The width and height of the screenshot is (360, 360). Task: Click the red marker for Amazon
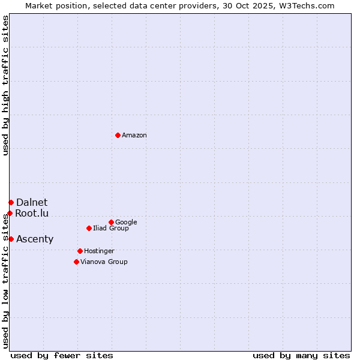tap(118, 135)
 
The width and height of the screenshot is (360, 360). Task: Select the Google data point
tap(111, 222)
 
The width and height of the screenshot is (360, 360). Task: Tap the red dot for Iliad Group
tap(89, 228)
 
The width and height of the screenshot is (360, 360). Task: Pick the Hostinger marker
tap(80, 251)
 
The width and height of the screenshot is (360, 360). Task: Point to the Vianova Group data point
tap(76, 262)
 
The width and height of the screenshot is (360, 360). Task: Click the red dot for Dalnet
tap(11, 202)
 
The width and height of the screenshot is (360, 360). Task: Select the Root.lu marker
tap(10, 213)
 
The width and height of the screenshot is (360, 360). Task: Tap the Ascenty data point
tap(11, 239)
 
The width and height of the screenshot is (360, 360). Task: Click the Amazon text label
tap(134, 136)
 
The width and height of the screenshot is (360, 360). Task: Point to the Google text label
tap(126, 223)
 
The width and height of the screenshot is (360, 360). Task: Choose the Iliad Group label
tap(111, 229)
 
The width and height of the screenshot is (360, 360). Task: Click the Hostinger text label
tap(99, 251)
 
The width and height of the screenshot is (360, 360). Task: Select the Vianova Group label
tap(104, 262)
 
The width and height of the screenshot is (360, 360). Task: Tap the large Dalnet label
tap(32, 203)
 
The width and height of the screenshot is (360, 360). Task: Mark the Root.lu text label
tap(32, 214)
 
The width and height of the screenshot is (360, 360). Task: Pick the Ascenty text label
tap(35, 239)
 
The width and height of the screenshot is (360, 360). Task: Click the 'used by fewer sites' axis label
tap(62, 356)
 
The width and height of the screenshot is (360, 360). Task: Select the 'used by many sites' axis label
tap(301, 356)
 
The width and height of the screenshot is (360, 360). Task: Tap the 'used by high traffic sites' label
tap(6, 85)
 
